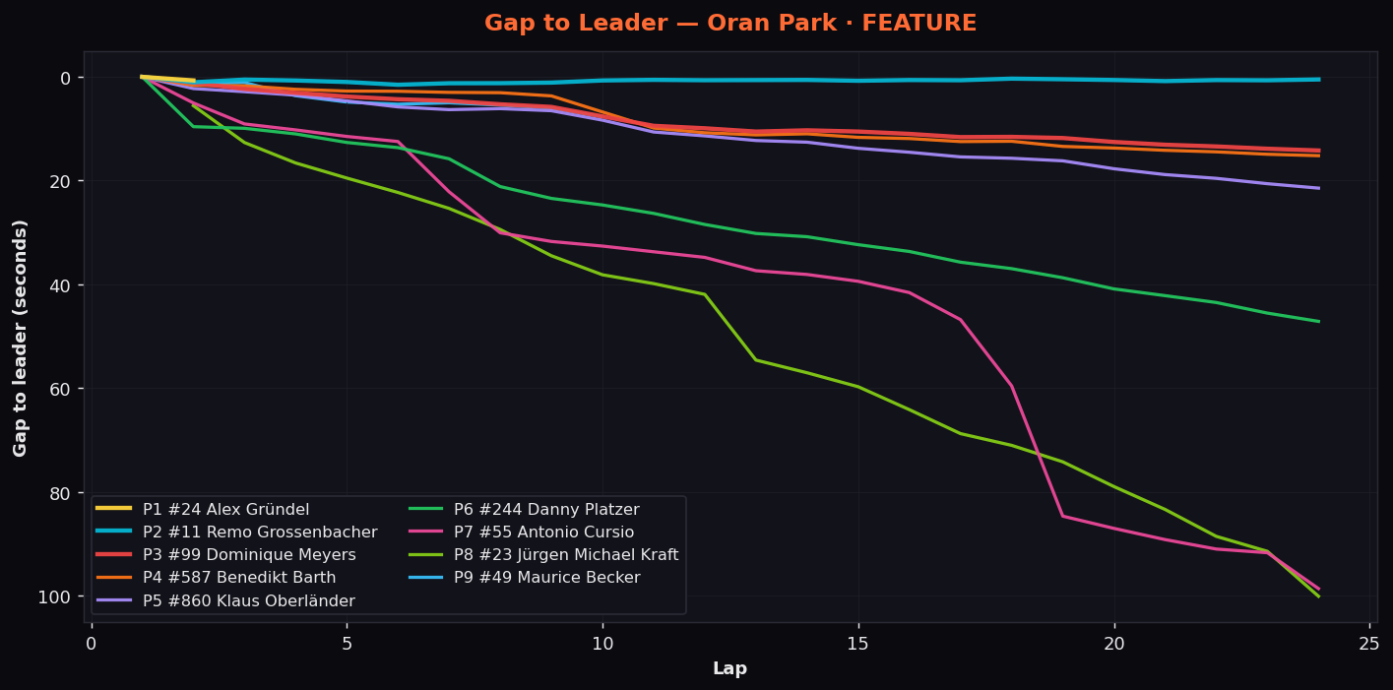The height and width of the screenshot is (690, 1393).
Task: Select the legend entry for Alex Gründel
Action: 203,509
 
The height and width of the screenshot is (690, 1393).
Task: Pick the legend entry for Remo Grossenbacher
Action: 237,533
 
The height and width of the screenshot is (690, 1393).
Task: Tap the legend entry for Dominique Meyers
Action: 225,554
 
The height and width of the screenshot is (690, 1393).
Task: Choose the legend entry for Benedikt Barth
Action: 216,578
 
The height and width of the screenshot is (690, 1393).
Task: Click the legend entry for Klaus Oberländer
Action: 225,600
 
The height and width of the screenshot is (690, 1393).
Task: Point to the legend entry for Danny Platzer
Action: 525,509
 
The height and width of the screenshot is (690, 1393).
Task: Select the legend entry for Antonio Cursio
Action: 521,533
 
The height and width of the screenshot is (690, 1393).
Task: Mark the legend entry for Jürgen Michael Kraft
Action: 543,554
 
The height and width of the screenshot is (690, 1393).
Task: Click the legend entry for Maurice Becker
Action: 525,578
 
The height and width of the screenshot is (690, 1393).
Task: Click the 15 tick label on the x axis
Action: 858,644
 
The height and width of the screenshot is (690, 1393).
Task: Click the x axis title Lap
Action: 729,668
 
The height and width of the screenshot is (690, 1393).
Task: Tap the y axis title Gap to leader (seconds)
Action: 20,339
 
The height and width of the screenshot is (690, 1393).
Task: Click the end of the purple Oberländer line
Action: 1319,188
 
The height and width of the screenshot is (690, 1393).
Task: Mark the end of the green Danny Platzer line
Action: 1319,322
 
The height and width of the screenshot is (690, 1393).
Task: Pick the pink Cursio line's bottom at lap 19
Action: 1063,516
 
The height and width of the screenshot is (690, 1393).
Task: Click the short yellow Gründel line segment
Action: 168,79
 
